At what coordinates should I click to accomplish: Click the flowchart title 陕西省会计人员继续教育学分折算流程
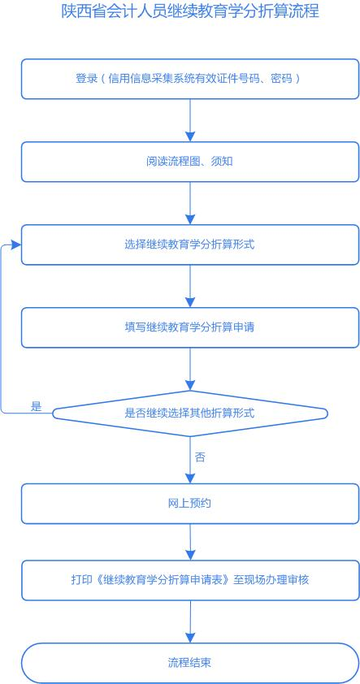(x=190, y=11)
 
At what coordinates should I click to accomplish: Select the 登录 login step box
(x=190, y=79)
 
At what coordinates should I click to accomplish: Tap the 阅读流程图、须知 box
(x=190, y=162)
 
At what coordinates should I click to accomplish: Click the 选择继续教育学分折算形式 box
(x=190, y=245)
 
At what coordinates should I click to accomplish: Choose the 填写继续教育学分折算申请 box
(x=190, y=327)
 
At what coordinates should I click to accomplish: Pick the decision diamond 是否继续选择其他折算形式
(x=190, y=413)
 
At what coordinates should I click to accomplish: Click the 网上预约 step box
(x=190, y=504)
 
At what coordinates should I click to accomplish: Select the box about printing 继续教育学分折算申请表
(x=190, y=580)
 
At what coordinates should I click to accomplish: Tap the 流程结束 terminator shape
(x=190, y=663)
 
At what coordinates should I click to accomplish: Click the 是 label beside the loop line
(x=37, y=406)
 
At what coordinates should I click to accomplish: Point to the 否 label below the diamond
(x=200, y=457)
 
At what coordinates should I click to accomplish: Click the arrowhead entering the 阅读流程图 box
(x=190, y=136)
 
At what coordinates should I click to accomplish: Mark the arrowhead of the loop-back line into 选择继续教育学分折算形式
(x=16, y=245)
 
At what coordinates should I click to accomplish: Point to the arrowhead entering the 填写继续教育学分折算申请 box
(x=190, y=302)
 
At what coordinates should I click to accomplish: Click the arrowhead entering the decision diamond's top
(x=190, y=385)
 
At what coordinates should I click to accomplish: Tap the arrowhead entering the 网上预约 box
(x=190, y=478)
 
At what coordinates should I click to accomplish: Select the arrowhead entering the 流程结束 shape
(x=190, y=638)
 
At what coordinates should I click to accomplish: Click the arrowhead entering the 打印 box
(x=190, y=555)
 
